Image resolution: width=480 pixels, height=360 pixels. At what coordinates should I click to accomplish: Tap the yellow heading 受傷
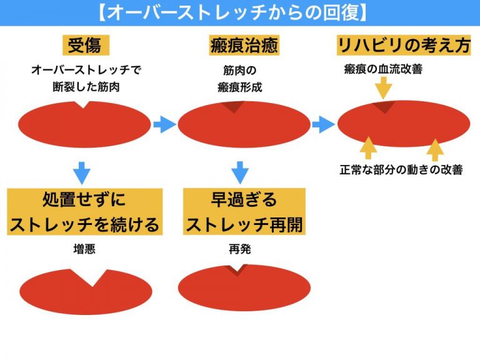coord(84,45)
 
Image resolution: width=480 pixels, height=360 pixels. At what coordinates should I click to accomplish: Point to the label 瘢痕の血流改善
coord(383,69)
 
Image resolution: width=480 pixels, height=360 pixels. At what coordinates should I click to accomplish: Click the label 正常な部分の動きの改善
coord(401,169)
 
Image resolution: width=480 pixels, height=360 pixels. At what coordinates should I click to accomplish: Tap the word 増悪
coord(84,249)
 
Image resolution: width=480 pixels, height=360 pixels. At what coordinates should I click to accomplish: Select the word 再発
coord(240,249)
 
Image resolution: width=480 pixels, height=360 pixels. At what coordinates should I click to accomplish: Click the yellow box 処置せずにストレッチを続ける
coord(84,212)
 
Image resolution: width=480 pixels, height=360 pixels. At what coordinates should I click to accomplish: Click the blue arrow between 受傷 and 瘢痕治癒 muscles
coord(164,124)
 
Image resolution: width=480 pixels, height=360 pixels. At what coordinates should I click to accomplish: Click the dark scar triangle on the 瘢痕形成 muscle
coord(235,107)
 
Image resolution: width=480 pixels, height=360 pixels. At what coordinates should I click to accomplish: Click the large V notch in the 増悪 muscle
coord(93,277)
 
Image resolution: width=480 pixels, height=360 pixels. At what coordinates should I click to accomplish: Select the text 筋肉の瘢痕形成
coord(240,79)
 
